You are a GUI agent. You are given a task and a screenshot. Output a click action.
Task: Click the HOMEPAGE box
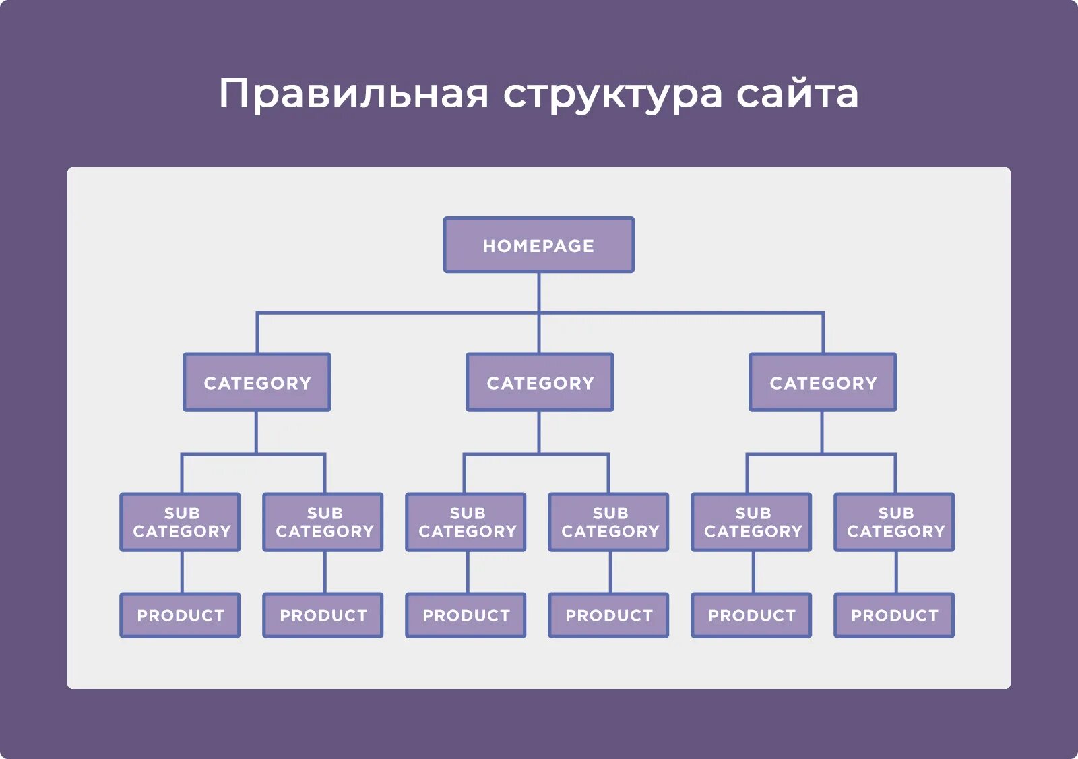(x=538, y=245)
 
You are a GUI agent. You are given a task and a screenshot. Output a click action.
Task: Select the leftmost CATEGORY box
(x=257, y=382)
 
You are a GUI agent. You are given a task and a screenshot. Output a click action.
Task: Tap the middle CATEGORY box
(x=540, y=382)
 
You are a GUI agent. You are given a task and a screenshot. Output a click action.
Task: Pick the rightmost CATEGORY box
(x=823, y=382)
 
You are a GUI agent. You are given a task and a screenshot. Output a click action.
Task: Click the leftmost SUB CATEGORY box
(x=181, y=522)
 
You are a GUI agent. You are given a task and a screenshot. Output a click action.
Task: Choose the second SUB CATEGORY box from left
(x=323, y=522)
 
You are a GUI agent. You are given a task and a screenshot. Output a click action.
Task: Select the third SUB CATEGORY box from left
(x=466, y=522)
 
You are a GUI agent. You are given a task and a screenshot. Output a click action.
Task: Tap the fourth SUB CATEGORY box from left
(x=609, y=522)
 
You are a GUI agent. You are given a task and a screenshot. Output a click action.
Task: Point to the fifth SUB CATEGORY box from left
(x=752, y=522)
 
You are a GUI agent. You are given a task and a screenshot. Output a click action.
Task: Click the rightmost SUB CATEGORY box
(x=895, y=522)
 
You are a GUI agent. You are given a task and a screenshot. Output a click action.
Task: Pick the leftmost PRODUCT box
(x=181, y=615)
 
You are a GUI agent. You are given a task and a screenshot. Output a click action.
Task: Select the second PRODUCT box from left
(x=323, y=615)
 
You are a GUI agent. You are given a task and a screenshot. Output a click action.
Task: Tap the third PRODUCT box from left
(x=466, y=615)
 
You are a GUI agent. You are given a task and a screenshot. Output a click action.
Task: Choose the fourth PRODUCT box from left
(x=609, y=615)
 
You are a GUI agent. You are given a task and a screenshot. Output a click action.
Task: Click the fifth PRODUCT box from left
(x=752, y=615)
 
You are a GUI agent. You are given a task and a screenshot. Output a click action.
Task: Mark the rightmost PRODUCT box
(x=895, y=615)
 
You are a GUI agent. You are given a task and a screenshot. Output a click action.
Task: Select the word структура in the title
(x=612, y=94)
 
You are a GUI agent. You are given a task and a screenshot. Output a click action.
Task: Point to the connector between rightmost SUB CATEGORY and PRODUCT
(x=896, y=572)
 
